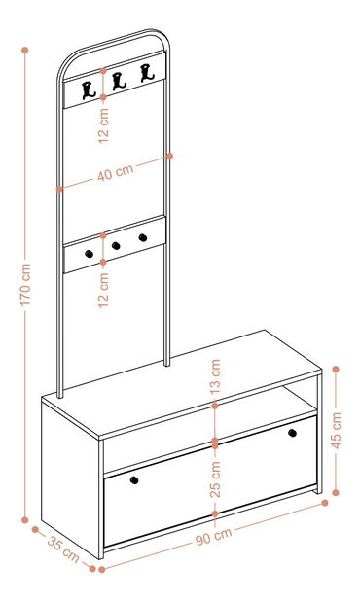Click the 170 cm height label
tap(25, 285)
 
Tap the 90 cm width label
tap(214, 536)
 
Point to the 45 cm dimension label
tap(337, 431)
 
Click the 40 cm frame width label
tap(115, 172)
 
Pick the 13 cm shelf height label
tap(215, 377)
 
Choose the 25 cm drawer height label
tap(215, 479)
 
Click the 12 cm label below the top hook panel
tap(103, 125)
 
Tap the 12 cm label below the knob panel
tap(103, 290)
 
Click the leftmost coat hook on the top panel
tap(89, 90)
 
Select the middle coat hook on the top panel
tap(119, 82)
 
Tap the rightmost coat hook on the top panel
tap(147, 73)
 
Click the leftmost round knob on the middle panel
tap(89, 254)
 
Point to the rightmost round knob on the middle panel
tap(143, 237)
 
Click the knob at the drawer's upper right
tap(293, 433)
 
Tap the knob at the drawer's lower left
tap(134, 480)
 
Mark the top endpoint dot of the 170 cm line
tap(25, 51)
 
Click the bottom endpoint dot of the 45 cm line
tap(336, 492)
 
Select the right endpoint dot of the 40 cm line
tap(170, 156)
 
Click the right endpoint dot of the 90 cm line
tap(325, 503)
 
